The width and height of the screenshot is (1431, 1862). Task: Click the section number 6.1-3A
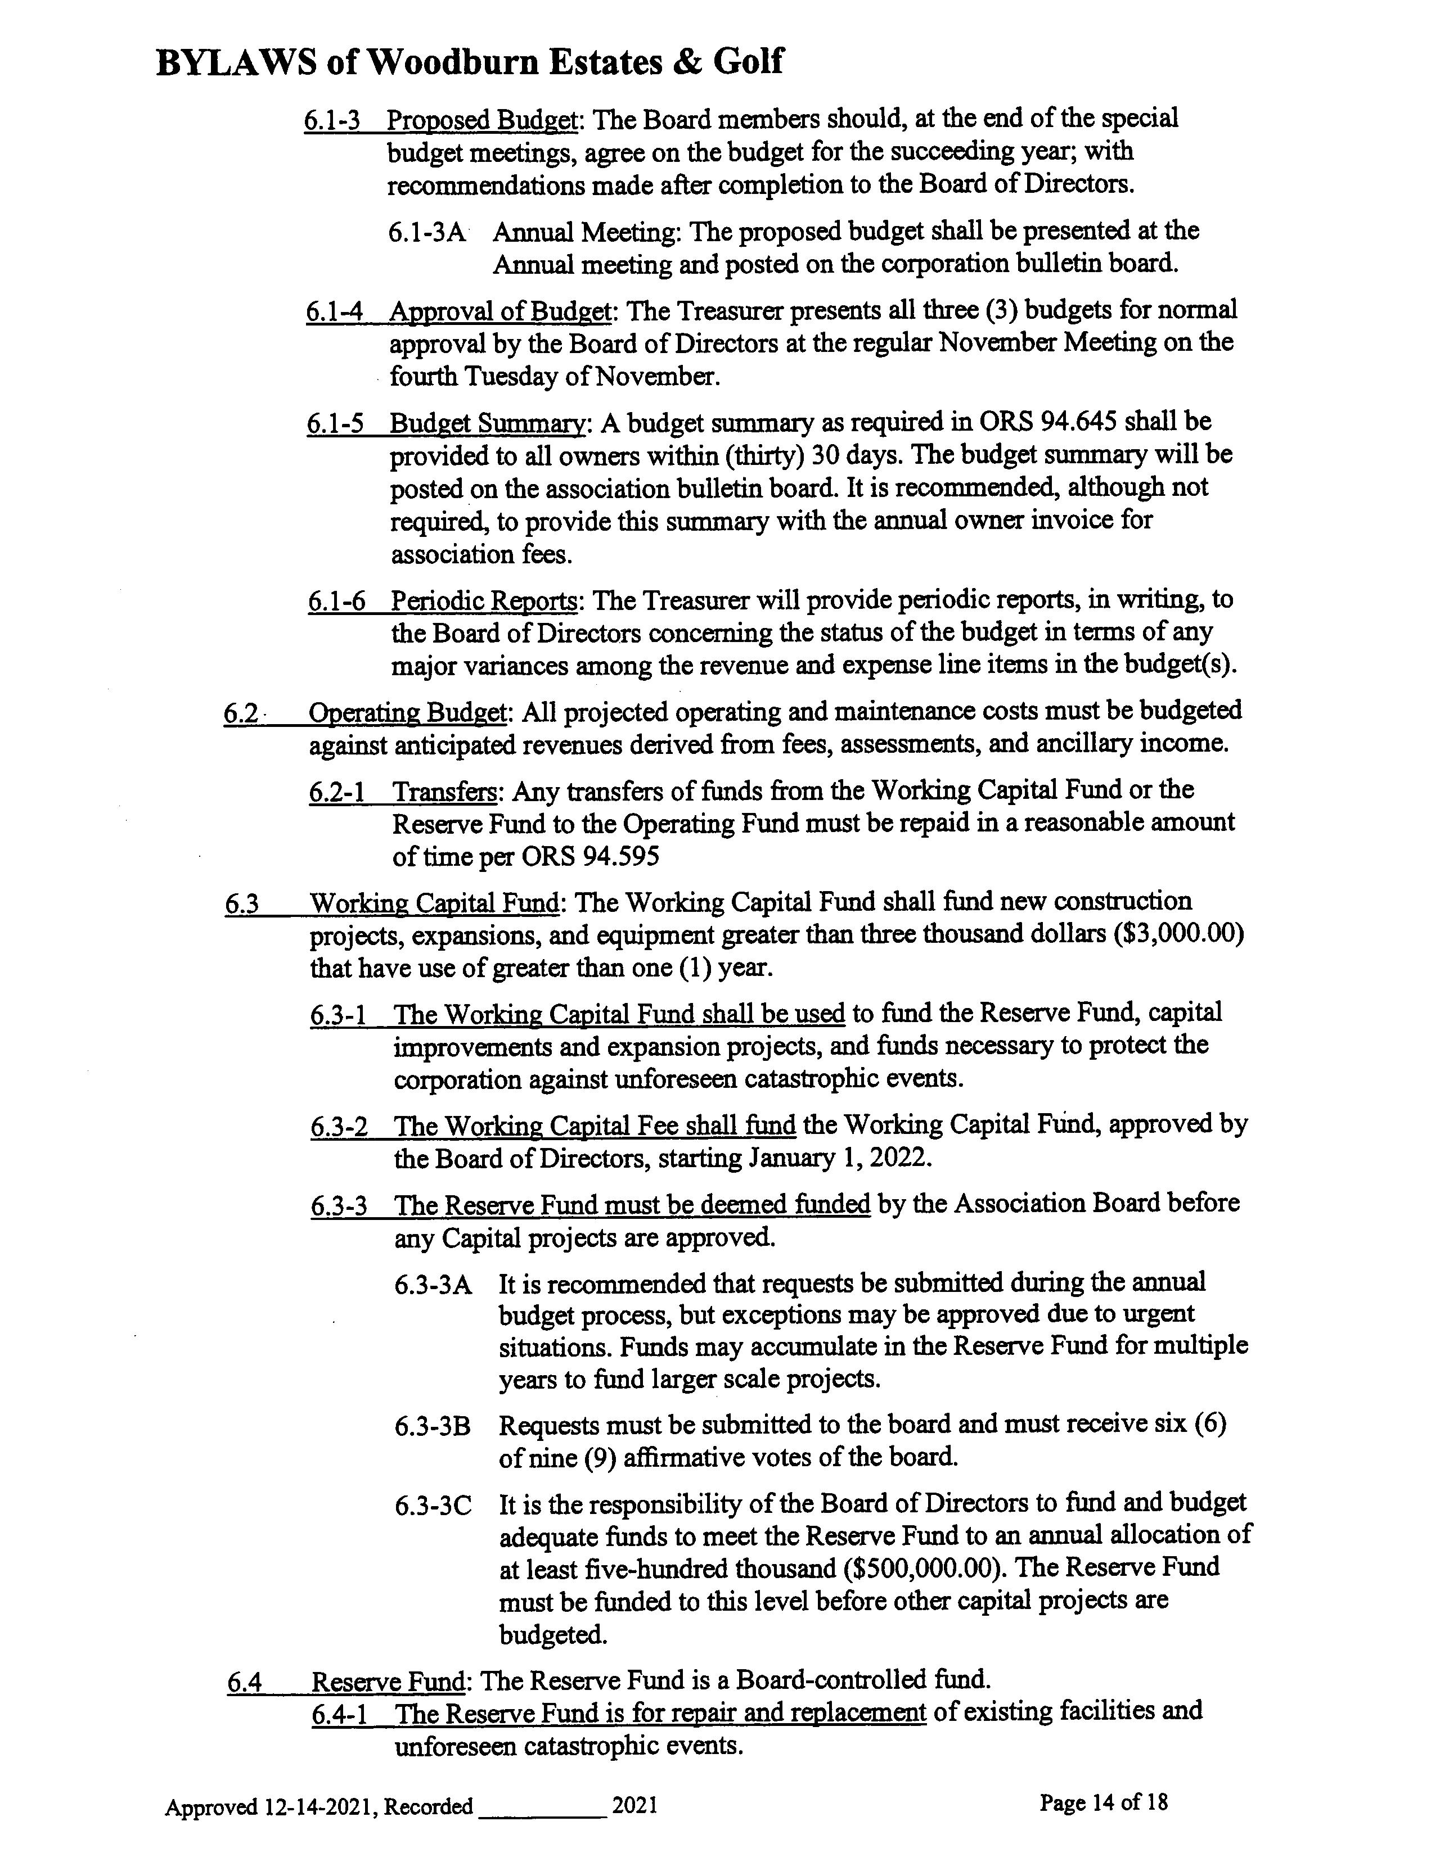pyautogui.click(x=427, y=232)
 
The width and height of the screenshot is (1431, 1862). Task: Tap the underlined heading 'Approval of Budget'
pyautogui.click(x=500, y=311)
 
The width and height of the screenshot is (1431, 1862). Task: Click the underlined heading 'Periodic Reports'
pyautogui.click(x=484, y=601)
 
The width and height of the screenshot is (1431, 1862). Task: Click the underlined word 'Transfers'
pyautogui.click(x=444, y=792)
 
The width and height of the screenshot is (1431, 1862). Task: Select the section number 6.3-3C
pyautogui.click(x=433, y=1505)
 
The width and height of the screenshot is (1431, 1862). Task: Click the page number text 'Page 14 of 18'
pyautogui.click(x=1103, y=1801)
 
